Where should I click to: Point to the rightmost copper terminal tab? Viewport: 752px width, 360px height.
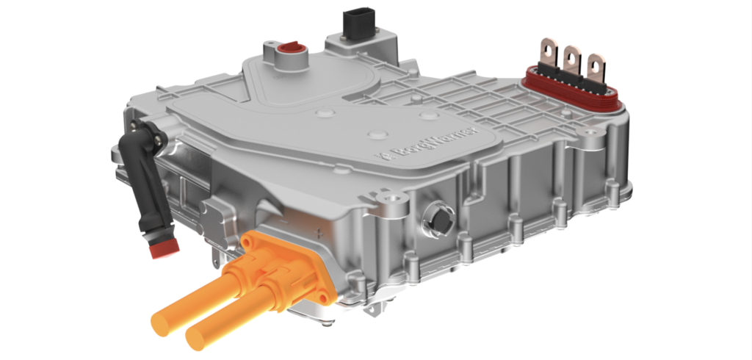(x=595, y=65)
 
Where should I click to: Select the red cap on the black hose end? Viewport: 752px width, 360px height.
(x=164, y=248)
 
